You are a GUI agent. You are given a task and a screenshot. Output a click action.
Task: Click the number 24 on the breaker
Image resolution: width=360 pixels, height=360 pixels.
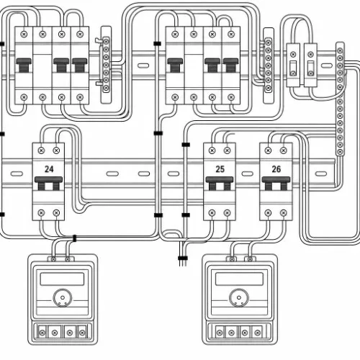click(49, 169)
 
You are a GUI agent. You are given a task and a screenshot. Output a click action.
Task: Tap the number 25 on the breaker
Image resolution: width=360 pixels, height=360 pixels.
click(220, 169)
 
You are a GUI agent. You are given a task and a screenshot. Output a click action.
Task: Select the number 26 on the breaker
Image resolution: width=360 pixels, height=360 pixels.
click(276, 169)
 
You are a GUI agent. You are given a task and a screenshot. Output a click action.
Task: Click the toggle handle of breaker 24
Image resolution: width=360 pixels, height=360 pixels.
click(48, 184)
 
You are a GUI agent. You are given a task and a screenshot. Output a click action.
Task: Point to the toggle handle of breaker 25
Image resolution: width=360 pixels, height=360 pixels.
click(220, 184)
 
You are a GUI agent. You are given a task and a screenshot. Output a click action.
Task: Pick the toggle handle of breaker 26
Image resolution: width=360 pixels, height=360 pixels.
click(276, 184)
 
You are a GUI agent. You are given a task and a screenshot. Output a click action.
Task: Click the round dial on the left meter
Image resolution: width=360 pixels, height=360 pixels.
click(63, 298)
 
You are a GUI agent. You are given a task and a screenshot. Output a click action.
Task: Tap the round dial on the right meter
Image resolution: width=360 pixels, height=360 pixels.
click(239, 298)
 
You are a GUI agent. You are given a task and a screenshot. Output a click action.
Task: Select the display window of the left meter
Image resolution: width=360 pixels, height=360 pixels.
click(62, 279)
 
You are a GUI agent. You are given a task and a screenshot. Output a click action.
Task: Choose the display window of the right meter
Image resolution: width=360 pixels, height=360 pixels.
click(239, 279)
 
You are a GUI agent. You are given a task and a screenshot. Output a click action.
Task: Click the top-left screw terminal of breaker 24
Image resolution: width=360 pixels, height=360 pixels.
click(41, 150)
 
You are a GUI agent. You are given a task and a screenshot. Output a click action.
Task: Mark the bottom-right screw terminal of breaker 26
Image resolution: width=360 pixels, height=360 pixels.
click(284, 213)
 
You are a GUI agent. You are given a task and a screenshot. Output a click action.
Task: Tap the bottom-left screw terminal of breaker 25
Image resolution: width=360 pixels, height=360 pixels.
click(212, 213)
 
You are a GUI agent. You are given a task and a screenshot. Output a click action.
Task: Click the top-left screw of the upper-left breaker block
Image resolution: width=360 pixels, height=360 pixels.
click(24, 34)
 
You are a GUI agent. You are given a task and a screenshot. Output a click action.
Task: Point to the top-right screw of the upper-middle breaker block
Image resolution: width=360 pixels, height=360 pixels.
click(231, 35)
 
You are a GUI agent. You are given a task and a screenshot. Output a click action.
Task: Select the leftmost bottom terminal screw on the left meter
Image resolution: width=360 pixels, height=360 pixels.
click(42, 333)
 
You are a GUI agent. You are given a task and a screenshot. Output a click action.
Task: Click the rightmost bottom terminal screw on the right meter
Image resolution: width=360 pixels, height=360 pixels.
click(258, 333)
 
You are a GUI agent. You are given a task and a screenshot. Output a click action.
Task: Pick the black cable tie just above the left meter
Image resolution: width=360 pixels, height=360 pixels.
click(74, 238)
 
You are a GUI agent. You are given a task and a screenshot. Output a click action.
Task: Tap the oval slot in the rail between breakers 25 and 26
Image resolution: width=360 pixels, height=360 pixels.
click(248, 174)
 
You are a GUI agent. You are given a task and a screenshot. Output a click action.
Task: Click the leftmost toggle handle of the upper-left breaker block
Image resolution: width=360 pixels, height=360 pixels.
click(24, 65)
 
